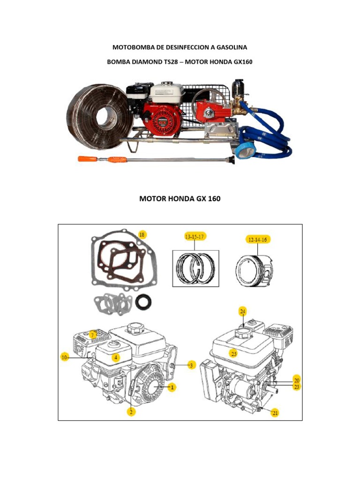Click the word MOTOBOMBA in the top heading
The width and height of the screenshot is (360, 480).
pyautogui.click(x=133, y=48)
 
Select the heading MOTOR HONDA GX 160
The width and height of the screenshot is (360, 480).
pyautogui.click(x=180, y=199)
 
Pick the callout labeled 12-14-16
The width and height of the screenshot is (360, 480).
pyautogui.click(x=258, y=240)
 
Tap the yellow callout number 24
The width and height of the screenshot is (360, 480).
pyautogui.click(x=242, y=311)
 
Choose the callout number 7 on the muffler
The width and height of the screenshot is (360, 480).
pyautogui.click(x=93, y=334)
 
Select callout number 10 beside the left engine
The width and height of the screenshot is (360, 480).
pyautogui.click(x=65, y=357)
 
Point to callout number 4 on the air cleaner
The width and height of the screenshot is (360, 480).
pyautogui.click(x=115, y=357)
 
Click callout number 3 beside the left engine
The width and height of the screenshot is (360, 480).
pyautogui.click(x=191, y=365)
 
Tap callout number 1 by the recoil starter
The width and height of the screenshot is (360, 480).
pyautogui.click(x=172, y=388)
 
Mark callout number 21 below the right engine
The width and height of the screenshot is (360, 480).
pyautogui.click(x=275, y=412)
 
